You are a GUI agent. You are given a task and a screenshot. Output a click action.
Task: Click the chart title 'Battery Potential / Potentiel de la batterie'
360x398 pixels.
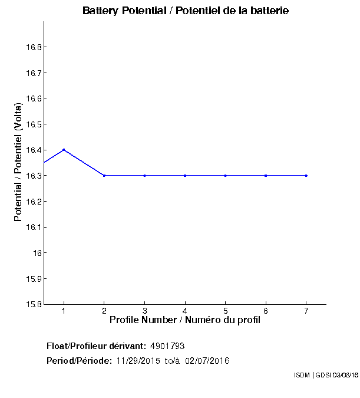coord(186,11)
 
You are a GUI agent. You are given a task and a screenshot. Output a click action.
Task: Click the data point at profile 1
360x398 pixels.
coord(64,150)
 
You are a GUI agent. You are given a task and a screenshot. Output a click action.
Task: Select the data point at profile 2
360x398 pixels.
coord(104,176)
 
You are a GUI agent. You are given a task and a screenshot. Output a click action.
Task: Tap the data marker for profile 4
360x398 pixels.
coord(185,176)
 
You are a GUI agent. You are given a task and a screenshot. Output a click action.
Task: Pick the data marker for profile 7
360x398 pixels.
coord(306,176)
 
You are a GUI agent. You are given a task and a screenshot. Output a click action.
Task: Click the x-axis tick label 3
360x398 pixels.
coord(144,311)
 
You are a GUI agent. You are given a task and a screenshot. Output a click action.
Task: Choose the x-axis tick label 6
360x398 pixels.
coord(266,311)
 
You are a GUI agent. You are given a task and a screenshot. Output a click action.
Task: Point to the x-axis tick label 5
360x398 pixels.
coord(226,311)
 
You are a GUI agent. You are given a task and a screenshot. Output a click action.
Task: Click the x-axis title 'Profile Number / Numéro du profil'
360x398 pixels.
coord(185,320)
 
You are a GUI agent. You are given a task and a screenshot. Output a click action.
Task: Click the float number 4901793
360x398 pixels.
coord(168,346)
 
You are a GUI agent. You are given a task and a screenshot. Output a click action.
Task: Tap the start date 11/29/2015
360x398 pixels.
coord(138,361)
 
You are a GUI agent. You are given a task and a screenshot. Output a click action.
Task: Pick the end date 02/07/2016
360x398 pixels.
coord(207,361)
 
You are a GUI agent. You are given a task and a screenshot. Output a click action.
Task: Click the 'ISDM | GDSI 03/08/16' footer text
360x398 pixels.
coord(326,375)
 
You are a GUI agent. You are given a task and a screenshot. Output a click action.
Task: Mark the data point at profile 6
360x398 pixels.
coord(266,176)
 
